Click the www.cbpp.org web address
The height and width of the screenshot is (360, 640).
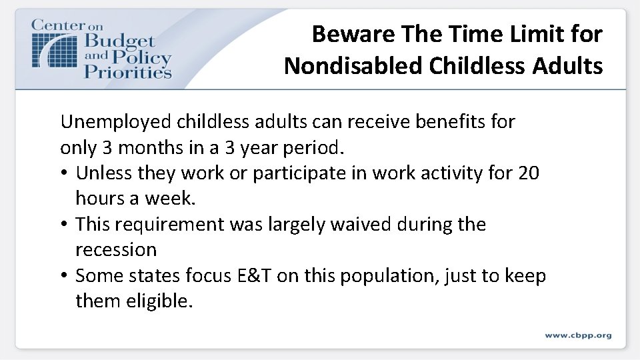pos(577,335)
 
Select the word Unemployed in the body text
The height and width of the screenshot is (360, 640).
pos(116,122)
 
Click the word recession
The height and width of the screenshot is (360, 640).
pos(116,249)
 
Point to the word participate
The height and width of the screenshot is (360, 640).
pos(291,173)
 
